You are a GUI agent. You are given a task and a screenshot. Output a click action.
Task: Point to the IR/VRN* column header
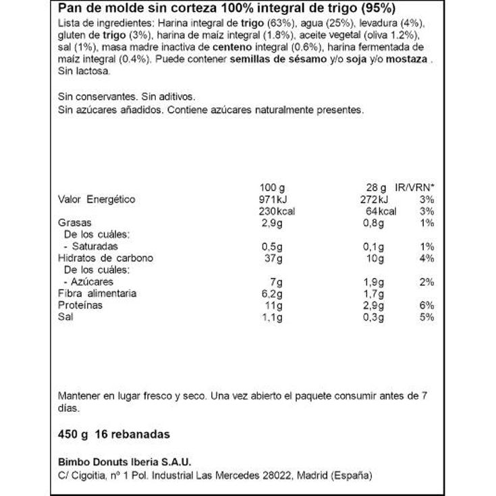click(x=415, y=188)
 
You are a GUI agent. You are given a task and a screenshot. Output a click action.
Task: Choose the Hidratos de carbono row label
click(x=106, y=258)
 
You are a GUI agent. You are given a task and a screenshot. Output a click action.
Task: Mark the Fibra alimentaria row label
click(x=98, y=294)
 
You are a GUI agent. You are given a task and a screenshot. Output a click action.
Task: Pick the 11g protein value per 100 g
click(x=269, y=306)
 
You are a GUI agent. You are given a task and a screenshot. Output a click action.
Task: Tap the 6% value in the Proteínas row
click(x=426, y=306)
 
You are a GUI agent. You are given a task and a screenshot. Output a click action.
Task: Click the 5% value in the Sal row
click(x=426, y=317)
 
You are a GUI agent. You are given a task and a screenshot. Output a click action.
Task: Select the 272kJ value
click(x=374, y=200)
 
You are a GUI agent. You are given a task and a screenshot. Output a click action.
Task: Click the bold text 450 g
click(x=74, y=434)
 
